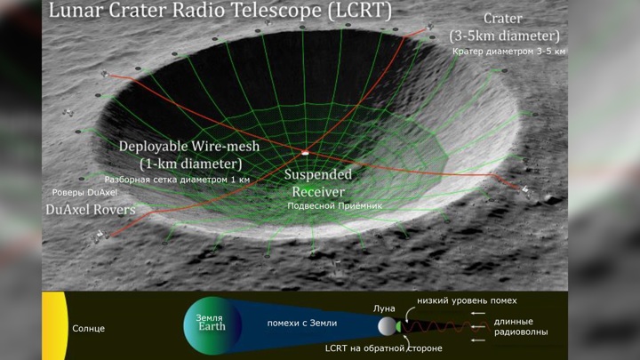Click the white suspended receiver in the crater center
[305, 153]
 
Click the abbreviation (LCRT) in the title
[360, 10]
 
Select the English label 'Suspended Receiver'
[318, 183]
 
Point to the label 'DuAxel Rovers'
[90, 210]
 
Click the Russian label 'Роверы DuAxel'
[84, 192]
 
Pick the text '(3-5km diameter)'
[505, 36]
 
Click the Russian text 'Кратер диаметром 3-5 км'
[508, 52]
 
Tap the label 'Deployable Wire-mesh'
[189, 146]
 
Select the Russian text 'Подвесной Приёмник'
[335, 206]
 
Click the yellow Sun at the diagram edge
[55, 325]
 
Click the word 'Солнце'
[88, 329]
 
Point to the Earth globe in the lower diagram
[212, 325]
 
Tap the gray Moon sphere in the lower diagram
[387, 326]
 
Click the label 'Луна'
[384, 308]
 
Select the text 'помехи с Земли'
[302, 324]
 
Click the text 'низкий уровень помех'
[467, 300]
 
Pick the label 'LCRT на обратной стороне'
[383, 348]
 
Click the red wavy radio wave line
[445, 326]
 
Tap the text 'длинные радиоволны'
[521, 327]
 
